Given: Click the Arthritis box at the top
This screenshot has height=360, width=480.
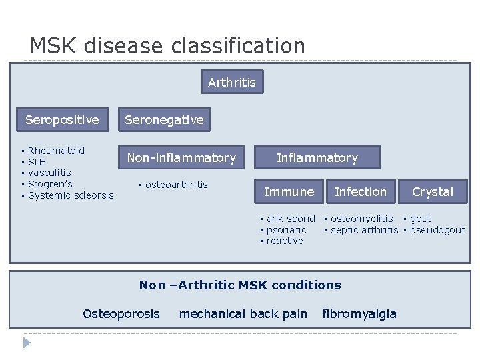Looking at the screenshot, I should pos(232,82).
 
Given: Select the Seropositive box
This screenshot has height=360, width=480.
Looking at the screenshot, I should pos(62,120).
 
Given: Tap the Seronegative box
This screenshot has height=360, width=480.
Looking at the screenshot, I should pos(164,120).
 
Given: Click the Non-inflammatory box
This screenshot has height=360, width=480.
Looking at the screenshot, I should pos(181,158).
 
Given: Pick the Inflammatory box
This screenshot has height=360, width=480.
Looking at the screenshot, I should pos(317,158).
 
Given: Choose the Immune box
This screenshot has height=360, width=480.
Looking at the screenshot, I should pos(289,192).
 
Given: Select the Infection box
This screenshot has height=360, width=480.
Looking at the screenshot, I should pos(360,192).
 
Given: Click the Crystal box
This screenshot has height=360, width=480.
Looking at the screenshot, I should pos(432,192).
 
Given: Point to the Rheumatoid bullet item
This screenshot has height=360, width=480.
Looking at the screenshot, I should pos(56,151).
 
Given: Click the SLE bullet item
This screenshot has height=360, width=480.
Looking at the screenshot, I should pos(37,162).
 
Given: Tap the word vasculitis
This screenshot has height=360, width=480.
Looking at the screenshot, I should pos(49,173).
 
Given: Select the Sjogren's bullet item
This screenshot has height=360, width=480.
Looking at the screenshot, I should pos(50,184).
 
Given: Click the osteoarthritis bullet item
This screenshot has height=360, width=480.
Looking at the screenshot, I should pos(176,185).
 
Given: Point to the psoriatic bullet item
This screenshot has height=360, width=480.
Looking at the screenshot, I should pos(286,230).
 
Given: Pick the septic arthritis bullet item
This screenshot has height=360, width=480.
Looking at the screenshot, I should pos(364,230).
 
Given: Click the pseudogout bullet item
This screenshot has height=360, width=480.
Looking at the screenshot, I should pos(437,230).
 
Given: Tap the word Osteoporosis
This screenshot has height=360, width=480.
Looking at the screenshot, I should pos(121,314).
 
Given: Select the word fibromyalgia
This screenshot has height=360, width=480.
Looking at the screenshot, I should pos(359,314).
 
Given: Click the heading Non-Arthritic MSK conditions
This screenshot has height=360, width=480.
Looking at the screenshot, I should pos(240,285).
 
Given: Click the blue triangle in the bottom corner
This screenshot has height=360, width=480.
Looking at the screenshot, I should pos(27,343).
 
